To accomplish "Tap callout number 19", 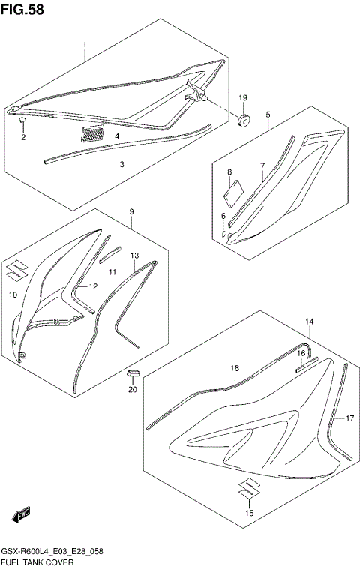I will (x=243, y=99).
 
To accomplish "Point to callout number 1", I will (x=85, y=46).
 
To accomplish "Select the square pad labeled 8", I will (x=232, y=185).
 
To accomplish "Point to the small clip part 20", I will (x=133, y=373).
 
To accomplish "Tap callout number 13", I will (x=134, y=256).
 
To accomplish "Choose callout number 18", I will (x=234, y=368).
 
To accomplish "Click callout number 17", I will (x=349, y=419).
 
